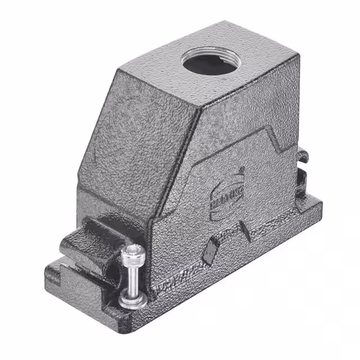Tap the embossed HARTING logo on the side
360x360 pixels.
(x=224, y=196)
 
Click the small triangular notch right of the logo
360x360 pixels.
(x=245, y=230)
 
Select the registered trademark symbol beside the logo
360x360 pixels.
(x=242, y=169)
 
